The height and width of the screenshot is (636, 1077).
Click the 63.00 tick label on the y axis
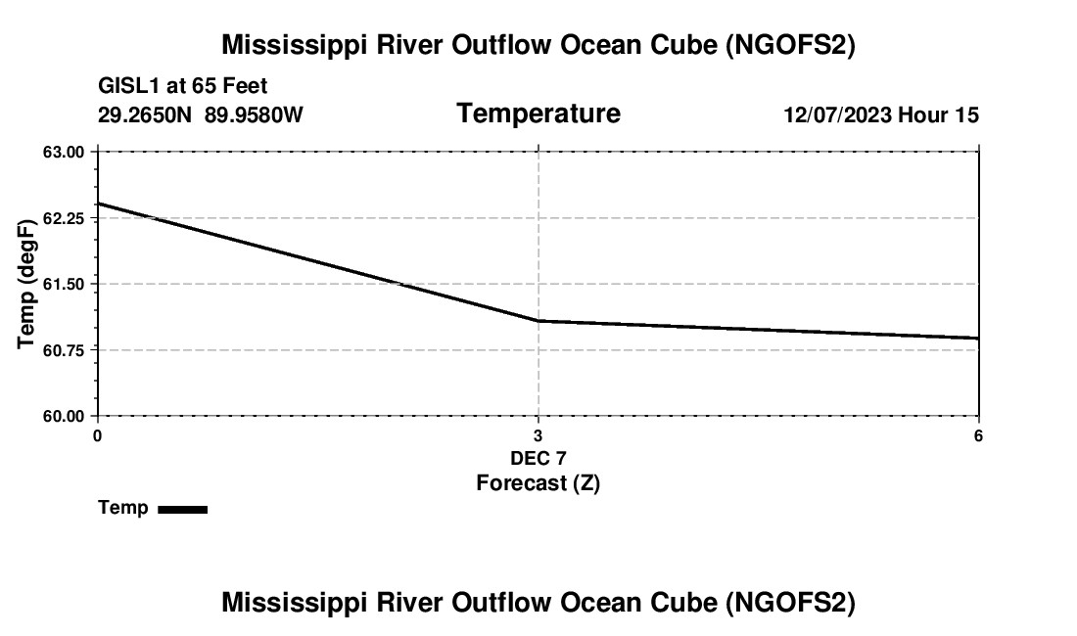pos(64,152)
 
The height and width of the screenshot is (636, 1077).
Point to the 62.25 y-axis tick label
pos(64,218)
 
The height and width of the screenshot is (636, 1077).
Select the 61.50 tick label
pos(64,284)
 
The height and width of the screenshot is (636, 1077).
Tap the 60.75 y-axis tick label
pos(64,350)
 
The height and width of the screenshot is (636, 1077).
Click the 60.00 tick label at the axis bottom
pos(64,416)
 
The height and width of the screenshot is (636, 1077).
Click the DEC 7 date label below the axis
pos(538,458)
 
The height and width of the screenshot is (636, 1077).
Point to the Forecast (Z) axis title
pos(538,483)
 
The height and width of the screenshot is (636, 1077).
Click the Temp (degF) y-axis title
pos(28,284)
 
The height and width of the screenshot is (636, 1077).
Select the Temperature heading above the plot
pos(538,114)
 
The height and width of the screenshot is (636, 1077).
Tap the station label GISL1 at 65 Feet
pos(183,87)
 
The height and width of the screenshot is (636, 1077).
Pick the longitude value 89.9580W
pos(254,115)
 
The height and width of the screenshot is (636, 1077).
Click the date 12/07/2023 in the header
pos(837,115)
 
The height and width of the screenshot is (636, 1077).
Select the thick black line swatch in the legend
pos(182,509)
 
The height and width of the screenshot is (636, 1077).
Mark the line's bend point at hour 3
pos(538,321)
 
